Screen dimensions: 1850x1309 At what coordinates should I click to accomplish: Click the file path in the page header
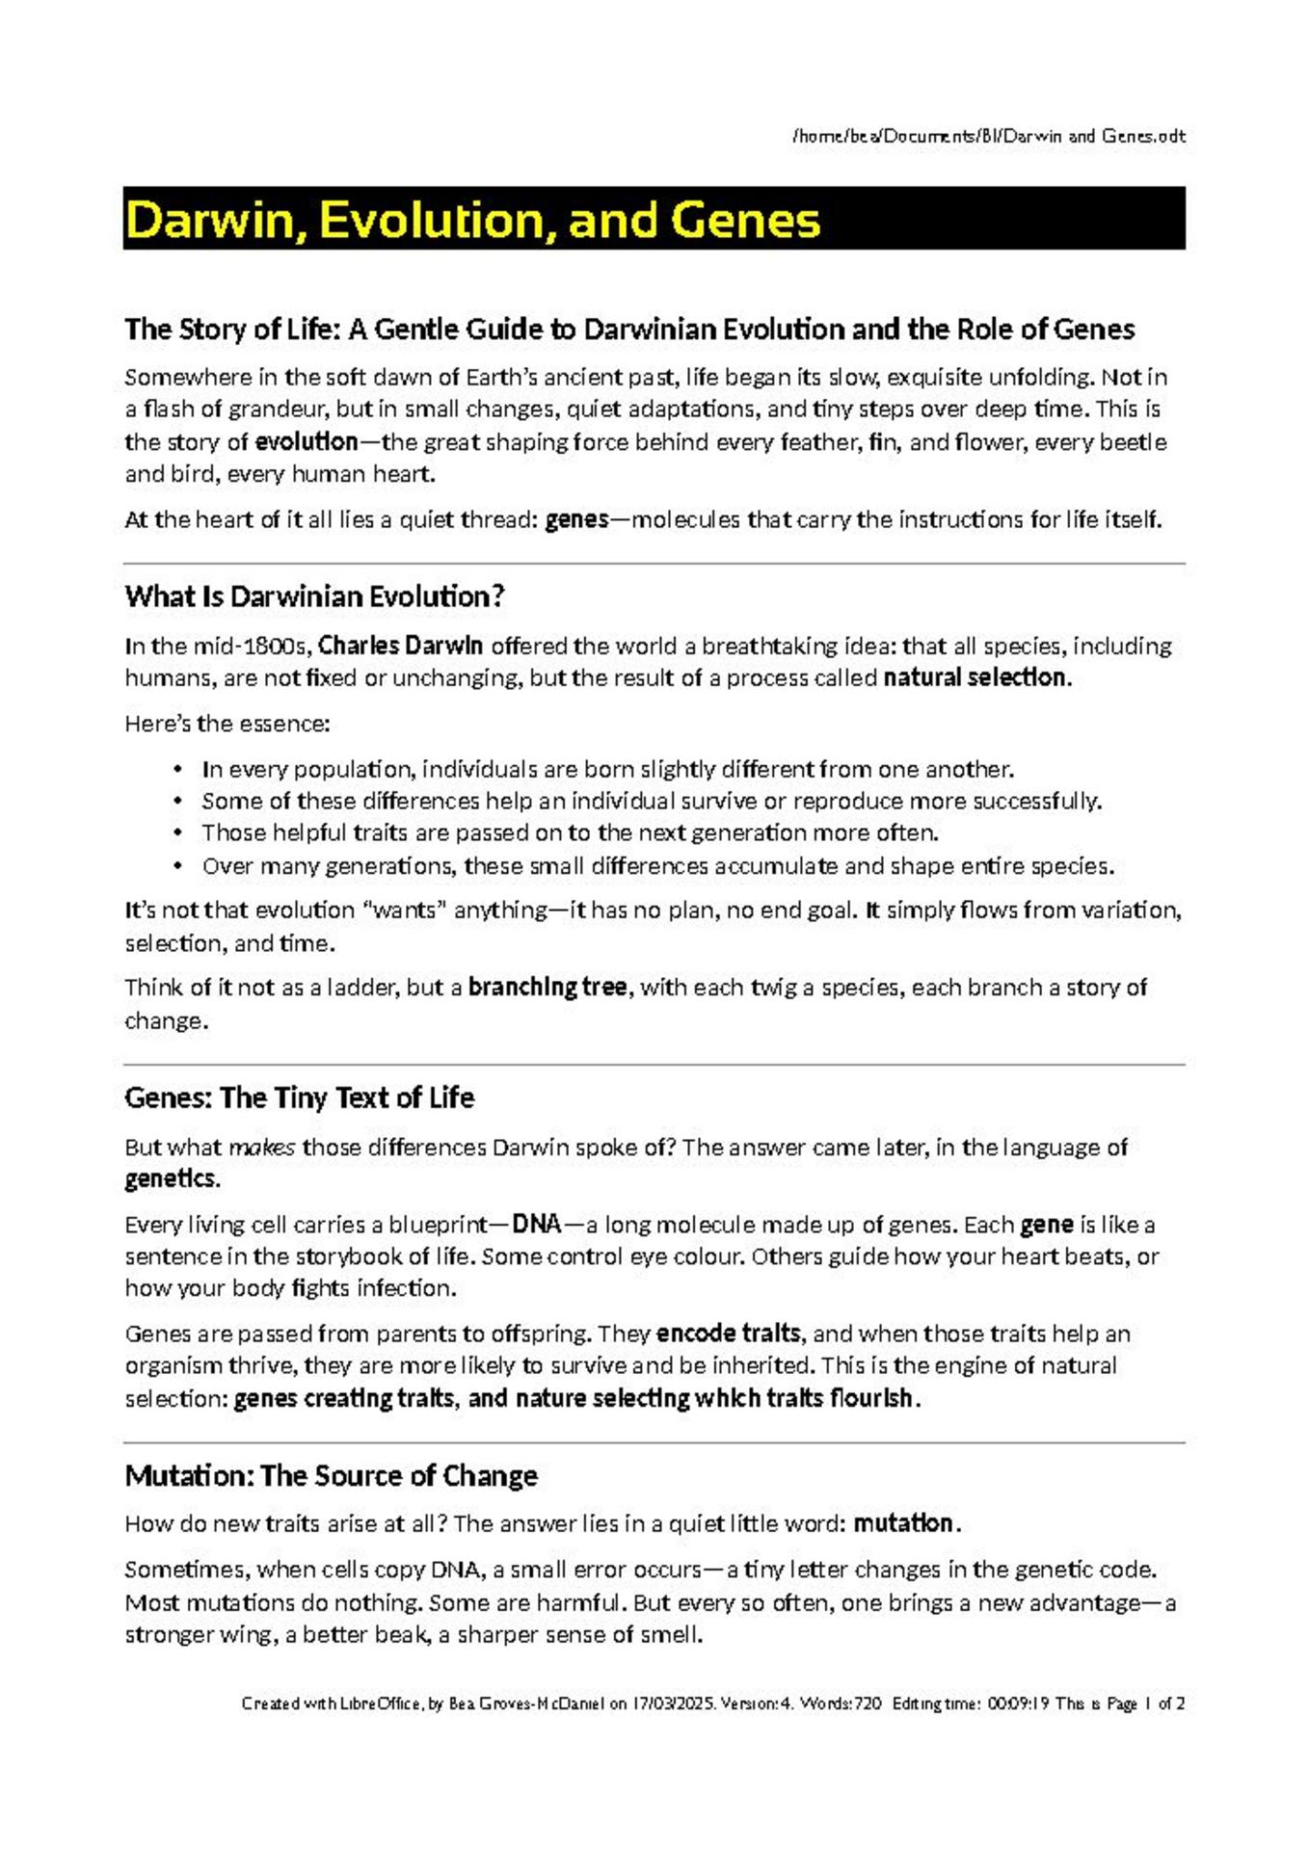click(988, 136)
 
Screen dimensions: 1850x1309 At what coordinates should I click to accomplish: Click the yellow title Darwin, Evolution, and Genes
click(472, 220)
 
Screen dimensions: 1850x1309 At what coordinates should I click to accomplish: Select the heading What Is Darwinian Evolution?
click(314, 596)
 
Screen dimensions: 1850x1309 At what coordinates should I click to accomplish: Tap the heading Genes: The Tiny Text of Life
click(299, 1097)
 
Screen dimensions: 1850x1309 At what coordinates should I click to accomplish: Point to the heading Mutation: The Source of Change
click(331, 1475)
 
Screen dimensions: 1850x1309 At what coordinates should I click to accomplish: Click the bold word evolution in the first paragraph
click(307, 442)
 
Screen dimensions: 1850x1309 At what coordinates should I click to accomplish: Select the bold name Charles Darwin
click(400, 645)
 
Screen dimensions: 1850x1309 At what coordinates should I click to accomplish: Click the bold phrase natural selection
click(975, 677)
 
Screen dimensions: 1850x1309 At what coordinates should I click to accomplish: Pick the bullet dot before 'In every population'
click(177, 769)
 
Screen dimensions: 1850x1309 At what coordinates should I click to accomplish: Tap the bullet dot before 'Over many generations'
click(177, 865)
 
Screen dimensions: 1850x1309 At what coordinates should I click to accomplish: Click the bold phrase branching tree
click(547, 988)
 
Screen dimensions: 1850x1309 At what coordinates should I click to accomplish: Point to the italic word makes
click(261, 1148)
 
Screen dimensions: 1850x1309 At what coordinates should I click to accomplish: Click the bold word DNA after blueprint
click(537, 1225)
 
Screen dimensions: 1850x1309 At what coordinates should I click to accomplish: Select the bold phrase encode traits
click(728, 1334)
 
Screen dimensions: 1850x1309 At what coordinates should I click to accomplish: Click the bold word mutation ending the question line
click(903, 1523)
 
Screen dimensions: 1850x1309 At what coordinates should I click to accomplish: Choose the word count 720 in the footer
click(867, 1703)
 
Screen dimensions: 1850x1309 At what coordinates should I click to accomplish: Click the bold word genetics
click(172, 1179)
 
